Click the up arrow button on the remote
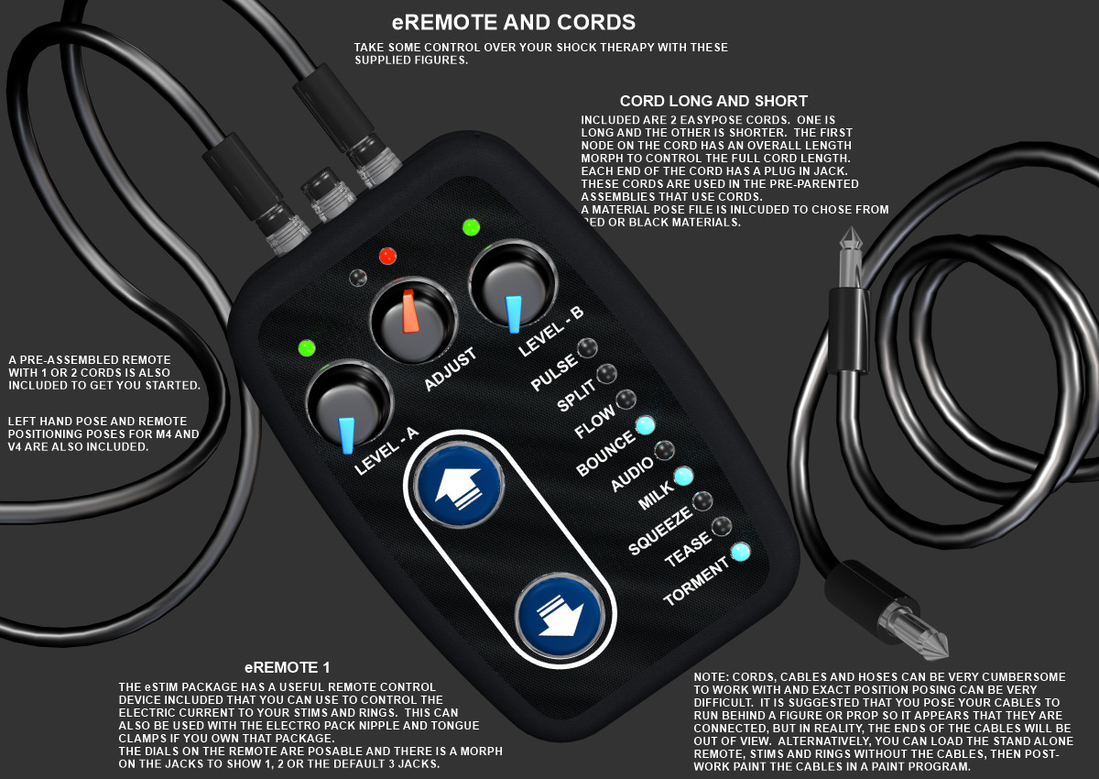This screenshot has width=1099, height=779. [x=459, y=485]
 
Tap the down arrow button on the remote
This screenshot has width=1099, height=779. [x=560, y=615]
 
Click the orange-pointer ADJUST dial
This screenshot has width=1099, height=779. [x=413, y=320]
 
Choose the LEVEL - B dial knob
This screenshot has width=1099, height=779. [x=513, y=283]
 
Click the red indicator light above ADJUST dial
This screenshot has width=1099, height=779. [x=387, y=256]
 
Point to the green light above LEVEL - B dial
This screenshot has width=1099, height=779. [x=471, y=227]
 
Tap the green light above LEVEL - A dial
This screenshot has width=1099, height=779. [x=307, y=348]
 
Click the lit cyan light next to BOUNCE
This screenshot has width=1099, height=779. [x=645, y=425]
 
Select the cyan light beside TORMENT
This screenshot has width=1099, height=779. [x=740, y=552]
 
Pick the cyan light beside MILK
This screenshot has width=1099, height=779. [x=683, y=476]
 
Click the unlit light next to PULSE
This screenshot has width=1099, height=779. [x=587, y=348]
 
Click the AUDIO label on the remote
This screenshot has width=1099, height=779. [x=632, y=474]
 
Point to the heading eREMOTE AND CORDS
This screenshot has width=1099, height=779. [x=514, y=23]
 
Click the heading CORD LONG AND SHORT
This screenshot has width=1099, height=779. [x=713, y=101]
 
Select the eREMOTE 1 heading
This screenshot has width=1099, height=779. [x=287, y=667]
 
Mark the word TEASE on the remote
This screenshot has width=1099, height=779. [x=688, y=549]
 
